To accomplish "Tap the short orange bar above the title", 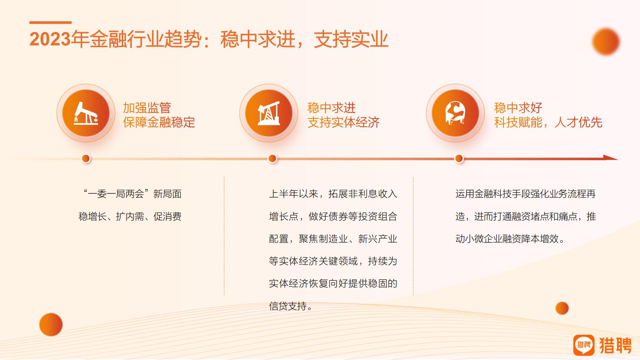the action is tap(50, 22).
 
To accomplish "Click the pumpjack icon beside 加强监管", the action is tap(86, 113).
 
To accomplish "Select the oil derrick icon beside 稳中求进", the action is tap(269, 113).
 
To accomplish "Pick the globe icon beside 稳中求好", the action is tap(455, 113).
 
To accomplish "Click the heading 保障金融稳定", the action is tap(159, 122).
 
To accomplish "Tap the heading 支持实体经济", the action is tap(344, 122).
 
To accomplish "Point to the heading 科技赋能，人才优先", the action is tap(548, 122).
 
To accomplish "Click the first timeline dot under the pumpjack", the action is tap(86, 158).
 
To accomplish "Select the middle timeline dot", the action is tap(272, 158).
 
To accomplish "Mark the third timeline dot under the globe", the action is tap(459, 158).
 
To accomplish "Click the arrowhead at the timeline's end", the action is tap(611, 157).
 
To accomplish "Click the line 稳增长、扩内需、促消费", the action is tap(130, 217).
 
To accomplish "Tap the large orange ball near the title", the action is tap(606, 42).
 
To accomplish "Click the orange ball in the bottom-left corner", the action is tap(51, 325).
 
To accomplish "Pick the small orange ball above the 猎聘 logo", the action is tap(562, 308).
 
